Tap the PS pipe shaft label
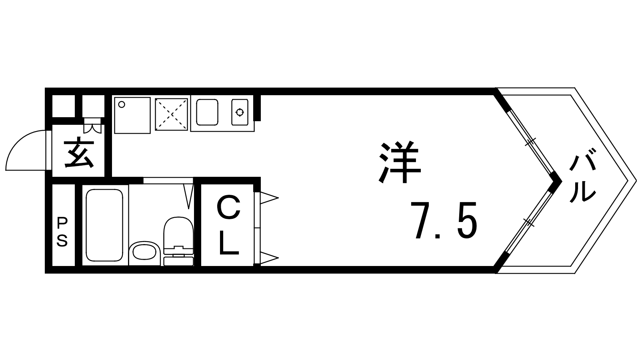click(62, 232)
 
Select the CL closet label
click(228, 226)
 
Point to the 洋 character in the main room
click(400, 162)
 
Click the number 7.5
click(444, 220)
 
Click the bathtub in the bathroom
click(104, 225)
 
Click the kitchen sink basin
click(207, 112)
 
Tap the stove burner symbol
click(240, 112)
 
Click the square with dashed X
click(172, 114)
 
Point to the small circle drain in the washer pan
click(122, 104)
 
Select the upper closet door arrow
click(269, 198)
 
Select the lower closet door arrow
click(269, 258)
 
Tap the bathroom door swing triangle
click(188, 196)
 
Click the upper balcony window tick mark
click(531, 142)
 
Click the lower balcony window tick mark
click(528, 222)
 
